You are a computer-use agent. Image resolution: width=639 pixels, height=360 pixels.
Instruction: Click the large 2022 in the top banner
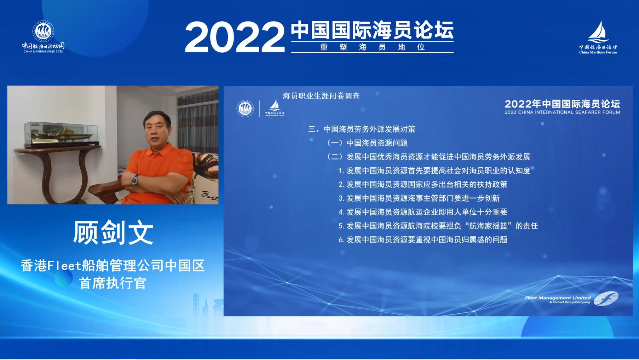click(x=235, y=37)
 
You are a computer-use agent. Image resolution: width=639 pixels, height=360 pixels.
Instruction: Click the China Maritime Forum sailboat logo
click(x=598, y=37)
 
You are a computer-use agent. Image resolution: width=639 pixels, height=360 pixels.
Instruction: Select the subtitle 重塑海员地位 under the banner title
click(x=372, y=47)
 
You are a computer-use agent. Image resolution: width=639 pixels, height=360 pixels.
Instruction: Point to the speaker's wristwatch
click(x=134, y=180)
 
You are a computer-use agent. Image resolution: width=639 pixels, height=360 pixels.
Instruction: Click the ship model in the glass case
click(x=61, y=135)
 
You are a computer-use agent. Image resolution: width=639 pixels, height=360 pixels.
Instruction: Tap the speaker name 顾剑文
click(x=113, y=233)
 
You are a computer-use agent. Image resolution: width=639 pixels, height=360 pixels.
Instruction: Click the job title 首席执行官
click(x=113, y=283)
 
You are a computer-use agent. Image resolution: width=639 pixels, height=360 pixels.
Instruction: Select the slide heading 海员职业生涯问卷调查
click(x=321, y=96)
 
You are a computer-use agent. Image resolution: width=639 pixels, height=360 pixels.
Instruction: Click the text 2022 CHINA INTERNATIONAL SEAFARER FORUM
click(x=562, y=112)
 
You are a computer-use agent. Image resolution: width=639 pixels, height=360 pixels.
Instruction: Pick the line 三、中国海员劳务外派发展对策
click(x=362, y=129)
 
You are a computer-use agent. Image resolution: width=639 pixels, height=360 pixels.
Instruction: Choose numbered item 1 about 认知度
click(x=434, y=171)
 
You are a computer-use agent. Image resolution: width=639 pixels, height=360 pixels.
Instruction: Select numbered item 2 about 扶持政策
click(x=423, y=185)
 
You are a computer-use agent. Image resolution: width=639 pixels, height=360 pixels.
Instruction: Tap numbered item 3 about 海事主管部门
click(x=419, y=198)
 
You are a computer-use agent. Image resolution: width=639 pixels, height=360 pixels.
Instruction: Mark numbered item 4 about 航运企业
click(x=423, y=212)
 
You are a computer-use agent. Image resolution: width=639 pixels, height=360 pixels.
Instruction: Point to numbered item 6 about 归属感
click(x=423, y=240)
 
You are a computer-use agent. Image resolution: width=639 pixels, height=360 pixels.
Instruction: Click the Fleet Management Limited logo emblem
click(x=606, y=298)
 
